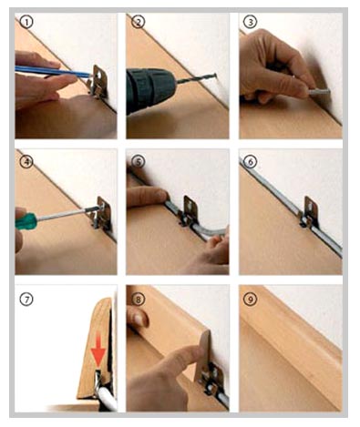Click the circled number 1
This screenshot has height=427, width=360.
click(26, 23)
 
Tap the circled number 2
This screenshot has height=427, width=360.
click(139, 22)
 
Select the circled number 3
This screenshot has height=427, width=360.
click(251, 22)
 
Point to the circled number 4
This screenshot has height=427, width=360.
click(26, 161)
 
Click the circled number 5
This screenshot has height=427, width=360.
click(139, 161)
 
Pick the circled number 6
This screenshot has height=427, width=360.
click(251, 162)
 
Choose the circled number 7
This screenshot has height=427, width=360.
click(26, 300)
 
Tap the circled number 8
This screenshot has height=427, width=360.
click(139, 300)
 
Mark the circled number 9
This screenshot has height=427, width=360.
click(251, 300)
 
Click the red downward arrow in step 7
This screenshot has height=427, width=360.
click(98, 350)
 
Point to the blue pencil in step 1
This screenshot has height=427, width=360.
click(54, 72)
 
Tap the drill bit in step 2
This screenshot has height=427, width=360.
click(196, 77)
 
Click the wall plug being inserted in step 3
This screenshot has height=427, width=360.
click(319, 91)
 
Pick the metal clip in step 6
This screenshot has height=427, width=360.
click(309, 212)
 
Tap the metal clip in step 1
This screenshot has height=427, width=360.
click(98, 81)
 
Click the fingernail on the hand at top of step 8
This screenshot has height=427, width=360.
click(140, 319)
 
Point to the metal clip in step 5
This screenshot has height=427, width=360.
click(189, 211)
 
